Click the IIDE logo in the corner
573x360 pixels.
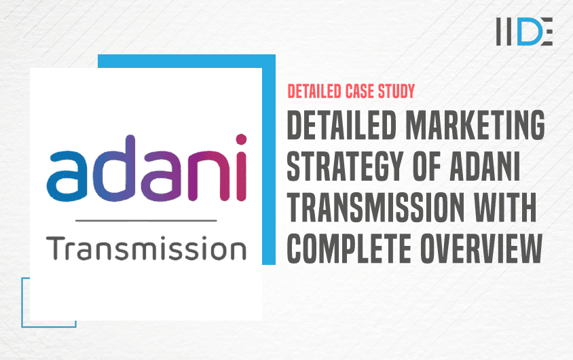pos(524,31)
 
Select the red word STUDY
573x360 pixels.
pos(396,92)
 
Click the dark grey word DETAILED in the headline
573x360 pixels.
pos(341,125)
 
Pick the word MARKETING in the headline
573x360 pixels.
pos(475,125)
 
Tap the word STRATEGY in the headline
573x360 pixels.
pos(345,166)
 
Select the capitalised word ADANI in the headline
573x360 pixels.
pos(485,166)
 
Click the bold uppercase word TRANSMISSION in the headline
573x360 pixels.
pos(375,207)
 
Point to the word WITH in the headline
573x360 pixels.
pos(505,207)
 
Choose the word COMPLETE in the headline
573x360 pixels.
pos(349,249)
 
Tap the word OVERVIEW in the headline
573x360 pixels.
pos(481,249)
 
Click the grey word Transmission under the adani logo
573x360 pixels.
pos(146,249)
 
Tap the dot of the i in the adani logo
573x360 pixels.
pos(241,140)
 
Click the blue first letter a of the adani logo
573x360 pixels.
pos(67,176)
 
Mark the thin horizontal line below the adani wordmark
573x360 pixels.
pos(146,220)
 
